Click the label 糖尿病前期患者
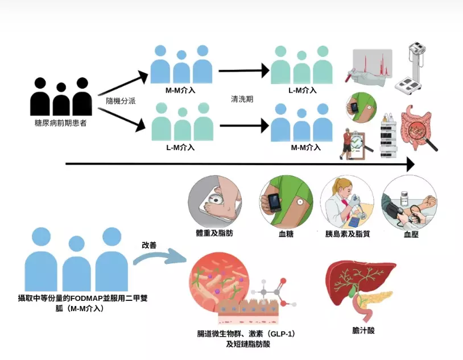(x=60, y=123)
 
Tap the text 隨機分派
(x=121, y=100)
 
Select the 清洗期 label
(x=242, y=98)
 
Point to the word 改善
(x=149, y=245)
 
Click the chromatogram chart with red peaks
(x=371, y=65)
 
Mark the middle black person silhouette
(x=60, y=100)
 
